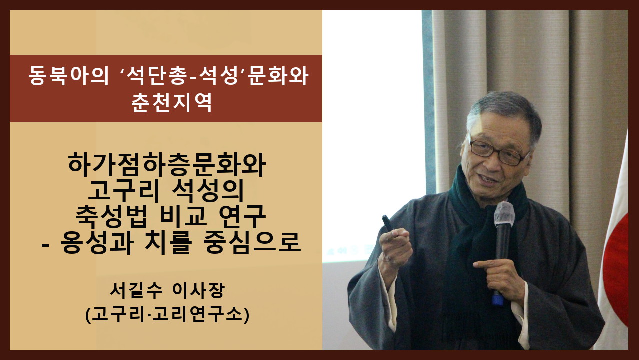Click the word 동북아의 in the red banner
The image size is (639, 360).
coord(68,76)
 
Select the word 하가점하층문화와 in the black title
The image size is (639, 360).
coord(167,165)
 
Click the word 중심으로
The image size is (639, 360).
coord(252,242)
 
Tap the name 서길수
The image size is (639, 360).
coord(136,290)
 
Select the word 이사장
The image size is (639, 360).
coord(199,290)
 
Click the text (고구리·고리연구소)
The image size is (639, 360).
coord(167,314)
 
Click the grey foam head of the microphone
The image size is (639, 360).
coord(504,214)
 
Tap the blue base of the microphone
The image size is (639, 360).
coord(498,299)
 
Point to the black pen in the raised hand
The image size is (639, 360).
coord(388,223)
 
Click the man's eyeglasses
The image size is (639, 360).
coord(498,152)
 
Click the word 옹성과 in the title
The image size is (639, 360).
coord(97,242)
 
